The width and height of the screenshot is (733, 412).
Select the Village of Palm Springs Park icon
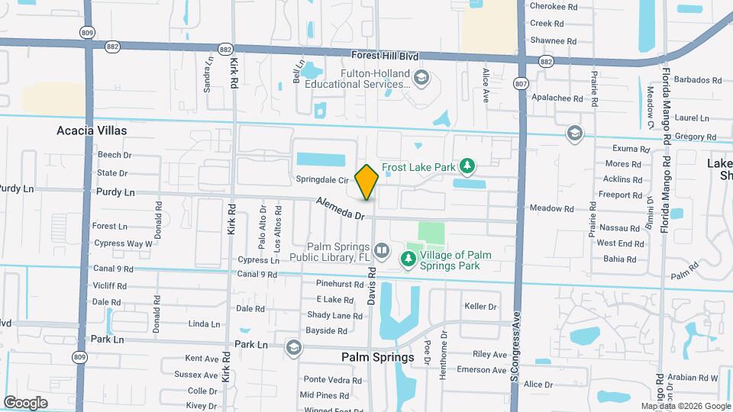point(409,260)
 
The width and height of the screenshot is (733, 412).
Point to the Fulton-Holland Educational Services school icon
point(421,78)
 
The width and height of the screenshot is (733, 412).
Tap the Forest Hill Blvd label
point(386,56)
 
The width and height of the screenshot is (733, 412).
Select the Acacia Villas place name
point(92,130)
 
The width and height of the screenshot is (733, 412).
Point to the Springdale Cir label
point(323,180)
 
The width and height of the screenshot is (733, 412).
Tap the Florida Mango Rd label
point(666,107)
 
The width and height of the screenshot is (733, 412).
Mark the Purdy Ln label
point(111,194)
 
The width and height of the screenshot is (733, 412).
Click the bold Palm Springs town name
point(378,356)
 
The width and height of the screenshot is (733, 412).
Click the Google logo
point(26,402)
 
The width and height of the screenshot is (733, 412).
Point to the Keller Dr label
point(480,307)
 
